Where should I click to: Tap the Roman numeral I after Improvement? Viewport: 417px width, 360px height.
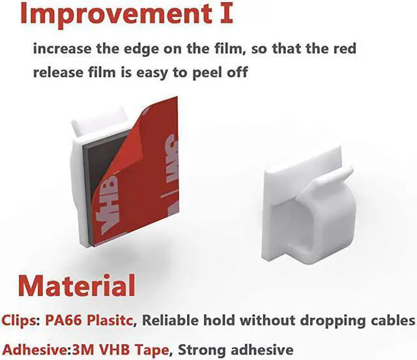(x=226, y=15)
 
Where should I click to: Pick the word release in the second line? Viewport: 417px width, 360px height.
(x=57, y=72)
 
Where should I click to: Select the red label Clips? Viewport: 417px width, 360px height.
(x=20, y=320)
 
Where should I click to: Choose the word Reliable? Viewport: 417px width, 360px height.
(x=173, y=320)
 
